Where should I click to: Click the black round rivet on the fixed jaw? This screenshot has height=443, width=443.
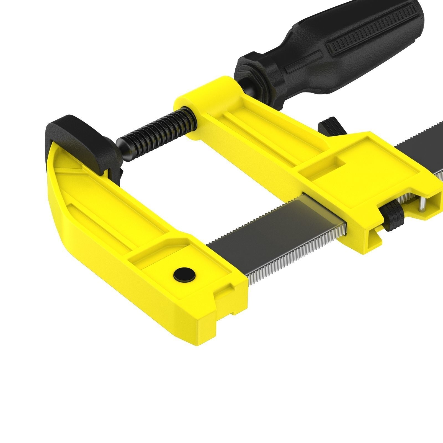[184, 275]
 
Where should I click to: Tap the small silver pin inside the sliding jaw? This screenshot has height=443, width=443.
[422, 205]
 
